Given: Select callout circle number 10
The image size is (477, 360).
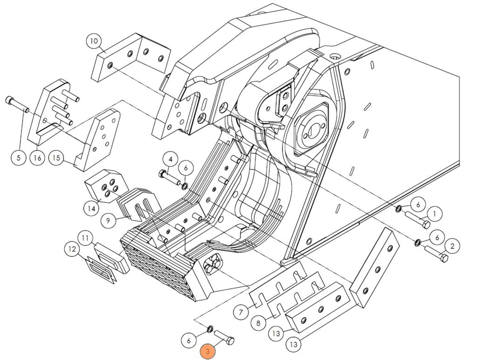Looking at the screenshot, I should pyautogui.click(x=94, y=41).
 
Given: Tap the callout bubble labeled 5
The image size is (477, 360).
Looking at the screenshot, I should pyautogui.click(x=19, y=157).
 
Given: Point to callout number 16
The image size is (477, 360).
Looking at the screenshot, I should pyautogui.click(x=37, y=157).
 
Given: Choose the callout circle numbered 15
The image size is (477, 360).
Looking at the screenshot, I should pyautogui.click(x=56, y=158).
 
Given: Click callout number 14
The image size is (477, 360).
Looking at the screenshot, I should pyautogui.click(x=92, y=208).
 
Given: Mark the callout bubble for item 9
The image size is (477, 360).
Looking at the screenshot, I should pyautogui.click(x=108, y=220).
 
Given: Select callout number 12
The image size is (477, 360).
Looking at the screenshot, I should pyautogui.click(x=72, y=249).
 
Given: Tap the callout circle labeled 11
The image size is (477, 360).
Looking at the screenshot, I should pyautogui.click(x=85, y=238).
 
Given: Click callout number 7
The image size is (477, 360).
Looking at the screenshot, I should pyautogui.click(x=240, y=312).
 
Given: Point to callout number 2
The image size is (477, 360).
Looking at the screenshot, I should pyautogui.click(x=452, y=245).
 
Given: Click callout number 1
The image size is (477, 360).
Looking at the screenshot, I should pyautogui.click(x=434, y=214).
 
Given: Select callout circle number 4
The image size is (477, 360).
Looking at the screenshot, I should pyautogui.click(x=170, y=159).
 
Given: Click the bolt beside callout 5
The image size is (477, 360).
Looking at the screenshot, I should pyautogui.click(x=17, y=104).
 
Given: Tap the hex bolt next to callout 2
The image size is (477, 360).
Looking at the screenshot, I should pyautogui.click(x=436, y=254).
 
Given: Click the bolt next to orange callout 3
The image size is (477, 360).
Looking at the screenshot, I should pyautogui.click(x=224, y=337).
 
